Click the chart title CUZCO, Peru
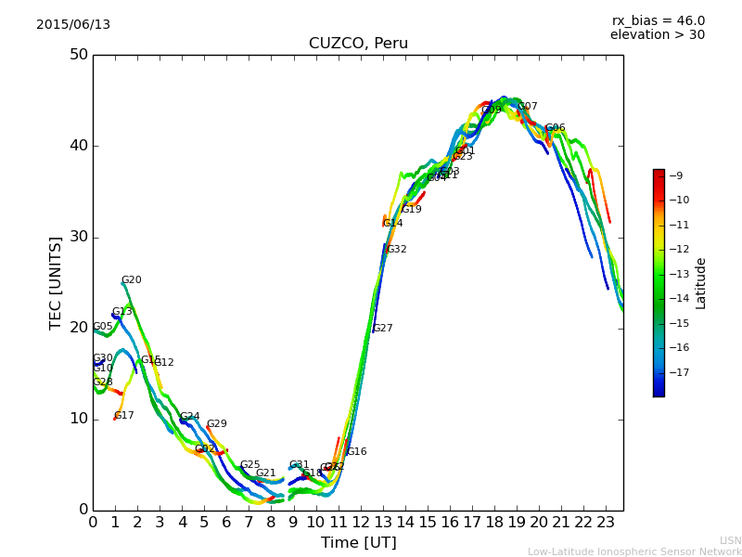[x=358, y=44]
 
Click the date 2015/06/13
[x=73, y=25]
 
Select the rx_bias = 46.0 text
[x=658, y=21]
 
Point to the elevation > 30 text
[x=657, y=35]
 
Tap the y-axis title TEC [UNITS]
[x=57, y=283]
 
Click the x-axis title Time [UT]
[x=358, y=543]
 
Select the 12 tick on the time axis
[x=360, y=523]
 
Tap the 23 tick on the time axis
[x=605, y=523]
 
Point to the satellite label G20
[x=132, y=280]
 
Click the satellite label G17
[x=124, y=416]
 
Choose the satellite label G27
[x=383, y=329]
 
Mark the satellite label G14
[x=393, y=224]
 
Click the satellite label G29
[x=217, y=424]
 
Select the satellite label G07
[x=528, y=107]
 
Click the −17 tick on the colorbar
[x=679, y=372]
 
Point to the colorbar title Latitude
[x=701, y=283]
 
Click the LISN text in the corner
[x=730, y=540]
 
